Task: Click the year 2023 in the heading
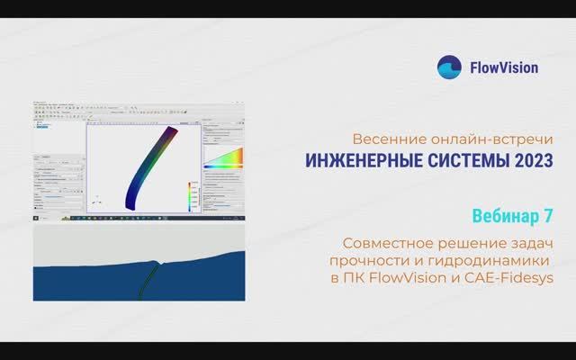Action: tap(528, 161)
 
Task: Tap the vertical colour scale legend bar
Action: tap(190, 196)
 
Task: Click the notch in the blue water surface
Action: tap(157, 262)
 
